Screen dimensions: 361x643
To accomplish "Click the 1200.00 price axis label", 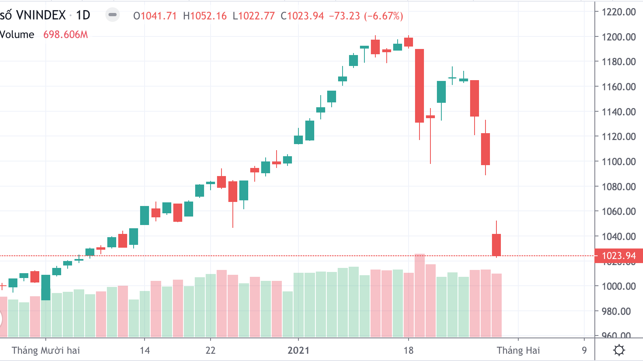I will tap(618, 37).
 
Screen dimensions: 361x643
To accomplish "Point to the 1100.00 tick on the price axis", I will tap(618, 161).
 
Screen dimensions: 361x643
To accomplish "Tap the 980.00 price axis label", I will tap(618, 311).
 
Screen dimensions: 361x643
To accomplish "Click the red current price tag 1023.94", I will tap(618, 256).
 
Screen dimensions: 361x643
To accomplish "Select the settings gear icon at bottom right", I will tap(619, 350).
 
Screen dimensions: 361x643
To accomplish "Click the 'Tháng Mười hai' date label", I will tap(46, 350).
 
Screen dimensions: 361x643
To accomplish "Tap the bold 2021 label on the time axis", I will tap(298, 350).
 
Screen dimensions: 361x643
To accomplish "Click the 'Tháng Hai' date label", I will tap(518, 350).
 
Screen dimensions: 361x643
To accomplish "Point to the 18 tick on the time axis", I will tap(409, 350).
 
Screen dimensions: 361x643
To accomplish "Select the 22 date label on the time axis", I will tap(211, 350).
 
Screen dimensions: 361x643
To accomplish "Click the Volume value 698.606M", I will tap(66, 35).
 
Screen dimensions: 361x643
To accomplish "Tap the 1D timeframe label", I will tap(83, 15).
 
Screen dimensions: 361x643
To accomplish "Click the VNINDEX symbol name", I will tap(40, 15).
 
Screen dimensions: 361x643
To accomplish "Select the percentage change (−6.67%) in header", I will tap(383, 16).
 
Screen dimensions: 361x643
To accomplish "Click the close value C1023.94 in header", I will tap(302, 16).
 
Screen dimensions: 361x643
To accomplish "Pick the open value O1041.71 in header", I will tap(155, 16).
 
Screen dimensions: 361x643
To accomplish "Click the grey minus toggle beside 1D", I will tap(113, 15).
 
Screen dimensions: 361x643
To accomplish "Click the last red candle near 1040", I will tap(496, 245).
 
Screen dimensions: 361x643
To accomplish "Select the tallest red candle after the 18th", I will tap(419, 85).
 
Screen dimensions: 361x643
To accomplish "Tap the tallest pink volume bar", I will tap(419, 295).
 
